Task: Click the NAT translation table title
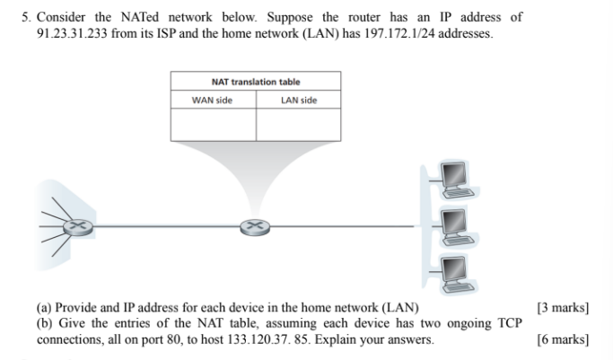click(x=256, y=82)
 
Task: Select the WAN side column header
click(x=213, y=100)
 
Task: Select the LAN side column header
click(x=299, y=100)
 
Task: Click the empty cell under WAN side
click(x=213, y=125)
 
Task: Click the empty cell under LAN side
click(x=299, y=125)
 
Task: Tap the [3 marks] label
click(x=563, y=308)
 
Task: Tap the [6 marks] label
click(x=563, y=340)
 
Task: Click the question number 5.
click(x=26, y=17)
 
